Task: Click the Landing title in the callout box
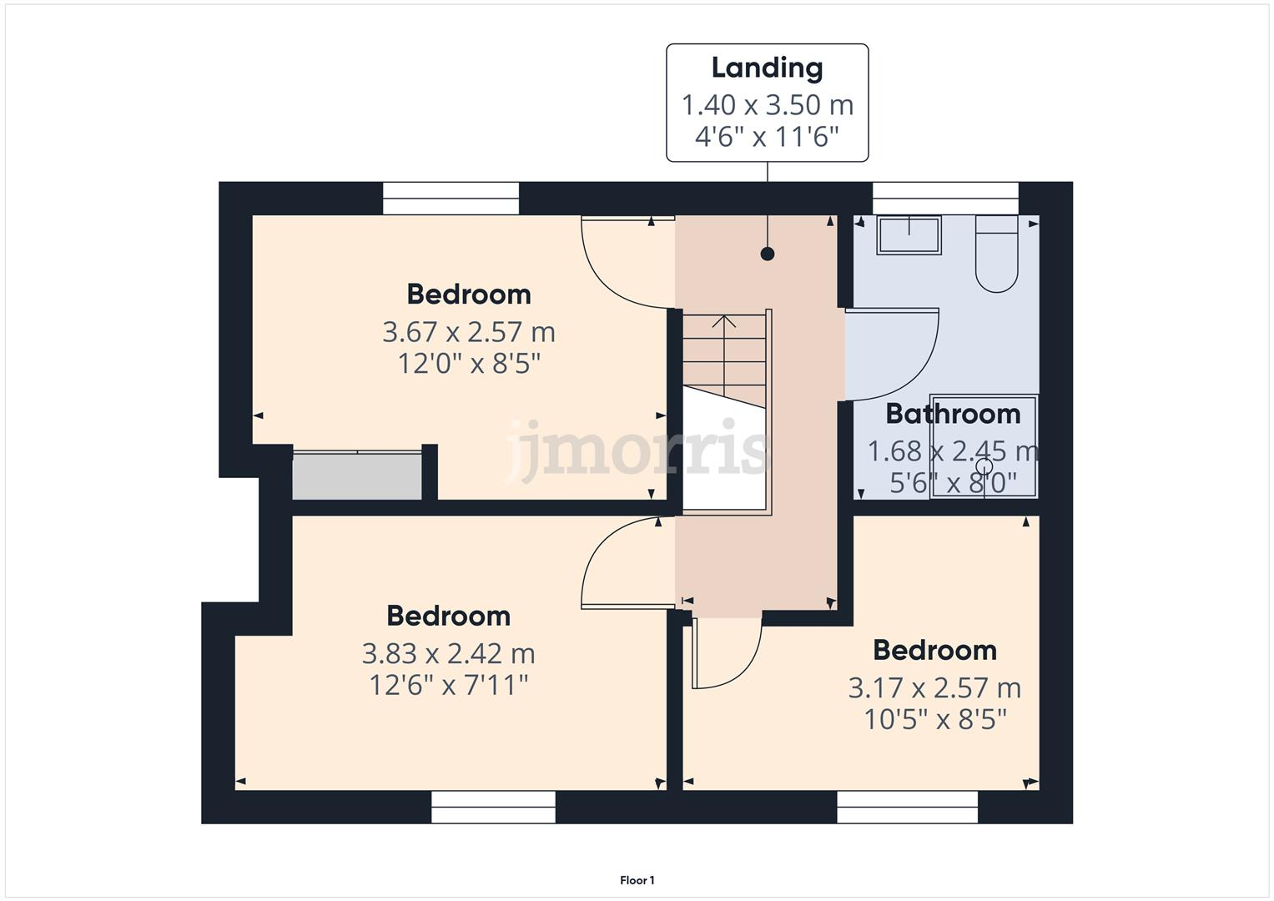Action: [x=767, y=68]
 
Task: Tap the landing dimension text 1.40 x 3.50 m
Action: [x=767, y=105]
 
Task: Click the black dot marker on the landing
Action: [x=768, y=254]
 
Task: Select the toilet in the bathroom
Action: [x=996, y=254]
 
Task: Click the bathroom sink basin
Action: [x=909, y=234]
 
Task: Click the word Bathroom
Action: [x=953, y=414]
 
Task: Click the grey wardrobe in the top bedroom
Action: [x=357, y=476]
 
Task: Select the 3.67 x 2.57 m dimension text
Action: [x=469, y=332]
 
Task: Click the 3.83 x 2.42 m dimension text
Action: [x=449, y=653]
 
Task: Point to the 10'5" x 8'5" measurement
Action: [x=935, y=719]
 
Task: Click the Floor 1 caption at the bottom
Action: [x=637, y=880]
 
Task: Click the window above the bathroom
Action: [x=945, y=199]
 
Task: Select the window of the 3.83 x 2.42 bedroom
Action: [x=494, y=807]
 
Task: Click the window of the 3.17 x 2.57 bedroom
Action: [x=907, y=807]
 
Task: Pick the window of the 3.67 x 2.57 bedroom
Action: [x=451, y=199]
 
